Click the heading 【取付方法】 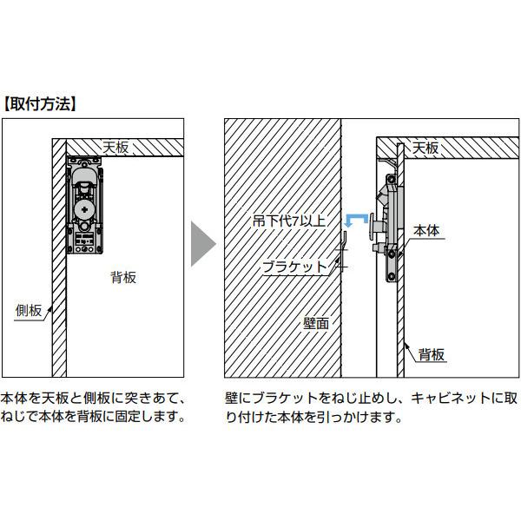40,104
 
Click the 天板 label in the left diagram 115,148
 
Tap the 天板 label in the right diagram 425,148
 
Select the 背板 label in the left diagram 123,278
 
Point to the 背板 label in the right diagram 432,354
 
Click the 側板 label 29,311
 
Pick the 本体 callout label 426,230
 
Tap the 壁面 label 316,323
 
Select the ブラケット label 295,267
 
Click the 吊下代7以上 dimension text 289,221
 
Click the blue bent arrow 356,217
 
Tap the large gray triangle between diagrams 203,244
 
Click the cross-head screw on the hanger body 84,209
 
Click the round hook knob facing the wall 372,225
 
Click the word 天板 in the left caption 55,398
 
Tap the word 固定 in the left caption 128,416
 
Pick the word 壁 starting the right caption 231,398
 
